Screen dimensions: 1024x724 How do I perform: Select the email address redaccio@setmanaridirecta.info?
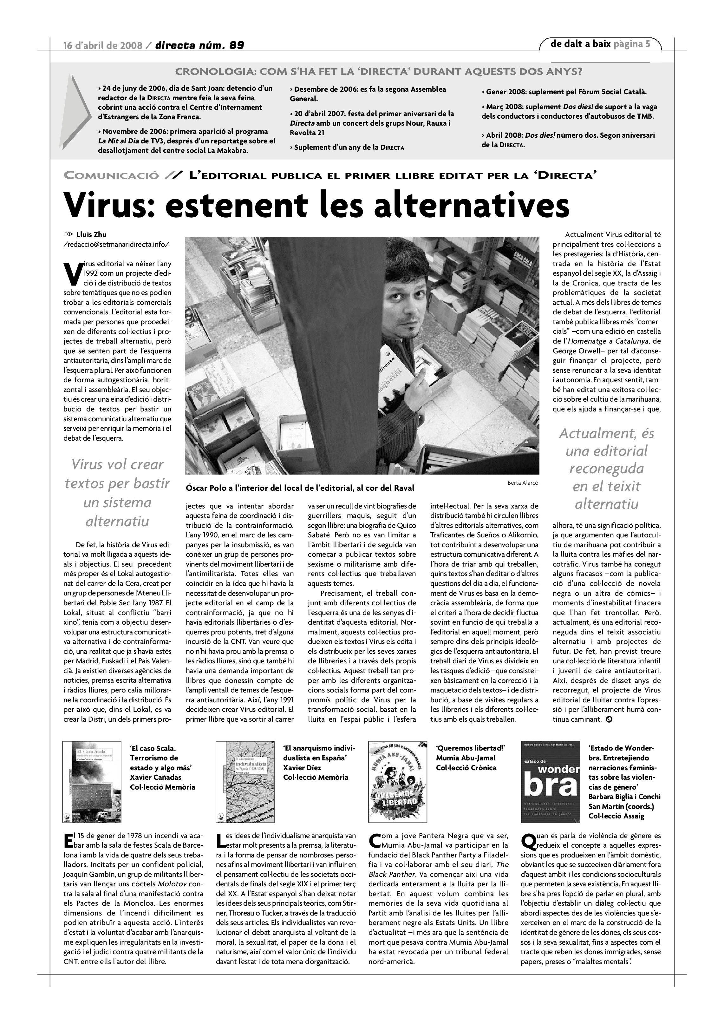(x=117, y=244)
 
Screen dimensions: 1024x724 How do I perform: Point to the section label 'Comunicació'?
(x=111, y=176)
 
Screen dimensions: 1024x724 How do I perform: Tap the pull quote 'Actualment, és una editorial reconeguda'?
(x=606, y=468)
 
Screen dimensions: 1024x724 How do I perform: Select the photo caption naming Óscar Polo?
(x=300, y=488)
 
